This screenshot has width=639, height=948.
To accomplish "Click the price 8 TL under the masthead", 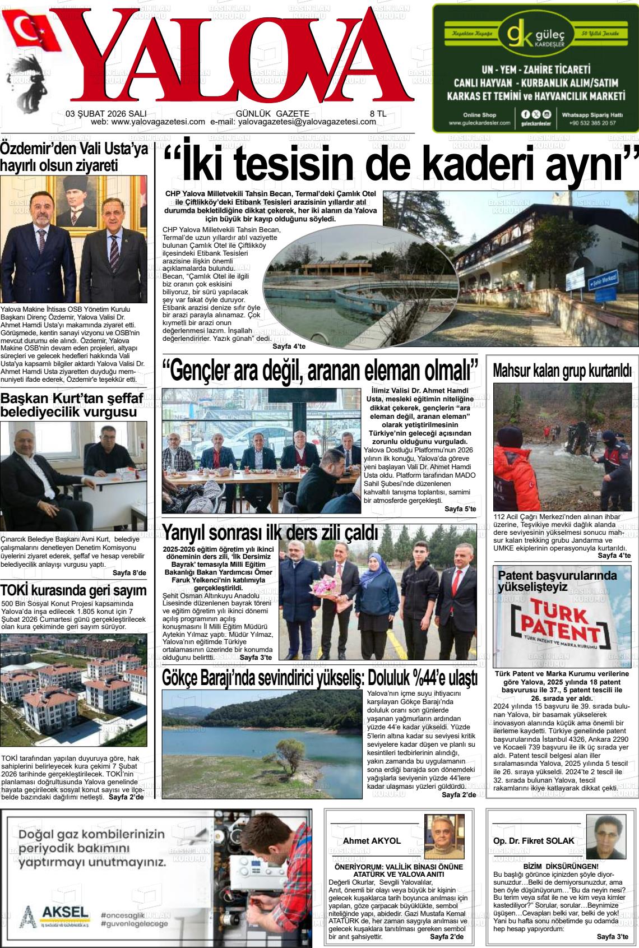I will click(x=378, y=113).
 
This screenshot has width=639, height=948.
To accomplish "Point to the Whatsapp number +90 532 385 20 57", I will click(x=592, y=123).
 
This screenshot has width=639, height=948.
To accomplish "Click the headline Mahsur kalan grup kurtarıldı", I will click(x=562, y=371).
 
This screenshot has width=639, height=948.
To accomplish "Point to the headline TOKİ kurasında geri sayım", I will click(x=74, y=590).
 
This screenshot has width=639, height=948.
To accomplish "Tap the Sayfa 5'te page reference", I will click(x=460, y=508).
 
